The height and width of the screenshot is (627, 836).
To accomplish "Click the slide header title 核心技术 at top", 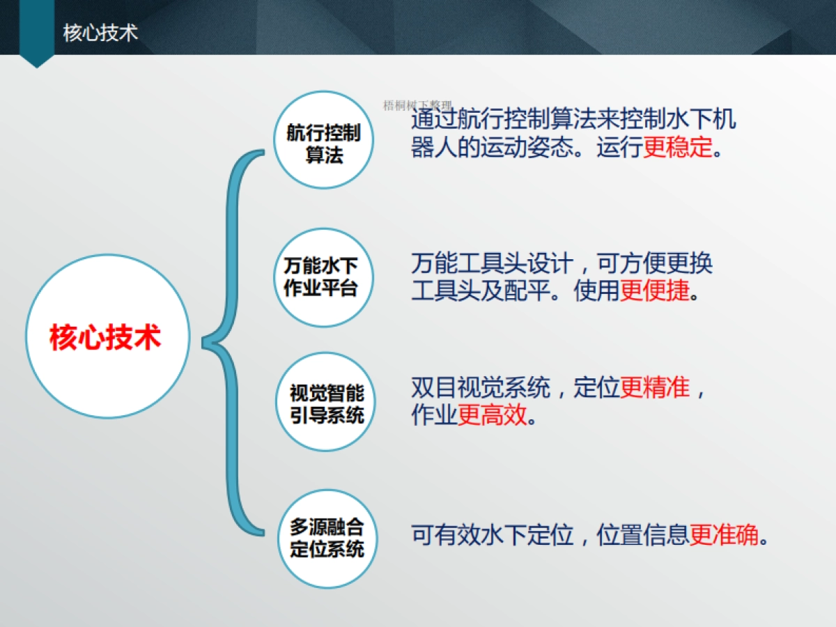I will coord(100,33).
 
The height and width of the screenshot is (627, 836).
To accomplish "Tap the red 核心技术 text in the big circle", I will coord(105,337).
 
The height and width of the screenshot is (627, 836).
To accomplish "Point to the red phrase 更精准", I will coord(654,387).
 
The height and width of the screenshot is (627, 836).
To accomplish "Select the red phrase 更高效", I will coord(492,417).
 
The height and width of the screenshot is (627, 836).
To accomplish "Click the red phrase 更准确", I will coord(724,535).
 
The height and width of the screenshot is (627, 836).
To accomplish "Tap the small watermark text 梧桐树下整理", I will coord(417,106).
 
